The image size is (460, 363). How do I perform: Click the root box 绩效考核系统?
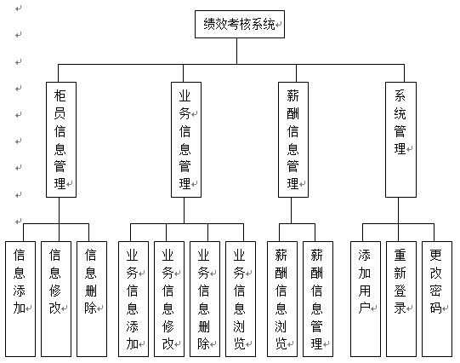click(x=240, y=25)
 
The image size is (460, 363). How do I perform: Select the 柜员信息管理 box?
click(x=61, y=140)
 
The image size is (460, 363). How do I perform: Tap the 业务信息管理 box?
click(x=186, y=140)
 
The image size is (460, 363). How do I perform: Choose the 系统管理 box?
click(x=400, y=140)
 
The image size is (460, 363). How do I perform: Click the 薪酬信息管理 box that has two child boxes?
click(x=293, y=140)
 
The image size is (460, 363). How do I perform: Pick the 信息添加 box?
click(x=20, y=299)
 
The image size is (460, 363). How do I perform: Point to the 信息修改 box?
click(x=56, y=299)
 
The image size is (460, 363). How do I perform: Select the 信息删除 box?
click(x=92, y=299)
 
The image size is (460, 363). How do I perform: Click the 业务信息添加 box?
click(x=133, y=299)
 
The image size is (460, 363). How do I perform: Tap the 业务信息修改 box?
click(x=169, y=299)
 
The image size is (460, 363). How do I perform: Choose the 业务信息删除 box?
click(x=205, y=299)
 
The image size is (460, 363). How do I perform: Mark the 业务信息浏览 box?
click(x=241, y=299)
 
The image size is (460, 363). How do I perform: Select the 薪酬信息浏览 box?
click(x=282, y=299)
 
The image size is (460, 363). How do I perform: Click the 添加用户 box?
click(x=366, y=299)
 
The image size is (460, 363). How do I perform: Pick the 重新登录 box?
click(x=401, y=299)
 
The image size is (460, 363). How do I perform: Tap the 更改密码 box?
click(x=437, y=299)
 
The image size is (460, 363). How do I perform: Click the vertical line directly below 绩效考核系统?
click(x=236, y=51)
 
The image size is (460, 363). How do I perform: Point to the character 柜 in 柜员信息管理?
click(x=60, y=95)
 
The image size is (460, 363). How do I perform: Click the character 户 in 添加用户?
click(x=364, y=308)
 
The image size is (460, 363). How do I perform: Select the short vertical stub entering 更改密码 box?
click(x=434, y=233)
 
